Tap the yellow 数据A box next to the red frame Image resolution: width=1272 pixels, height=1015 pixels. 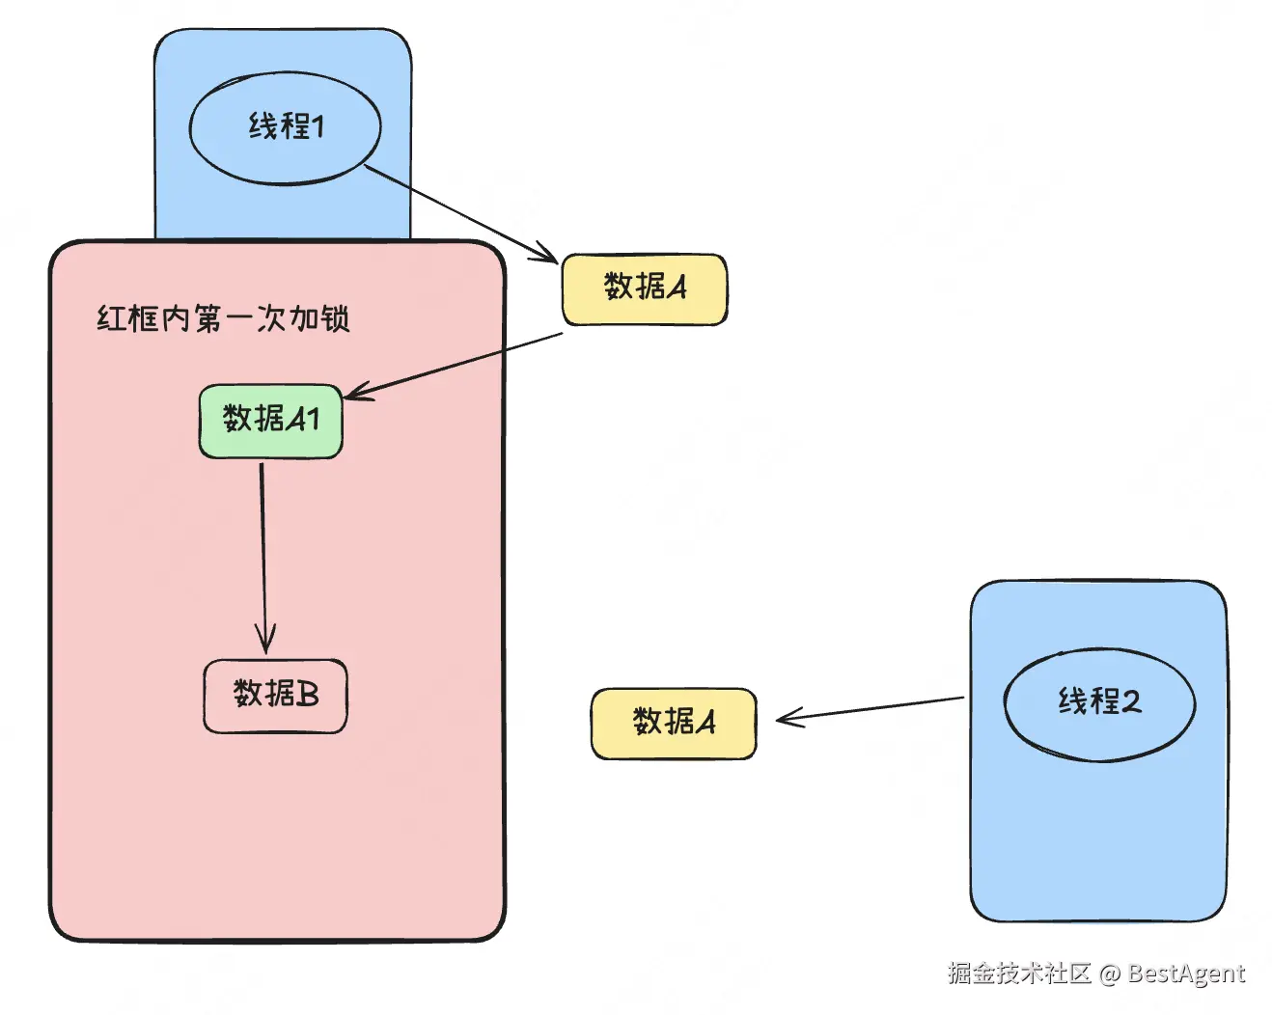pos(645,289)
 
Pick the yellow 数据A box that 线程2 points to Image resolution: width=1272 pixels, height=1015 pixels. pos(674,723)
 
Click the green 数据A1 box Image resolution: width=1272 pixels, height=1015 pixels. pos(271,421)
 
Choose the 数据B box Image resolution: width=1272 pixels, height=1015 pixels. pos(275,696)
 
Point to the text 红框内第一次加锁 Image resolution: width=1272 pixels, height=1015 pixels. pos(224,318)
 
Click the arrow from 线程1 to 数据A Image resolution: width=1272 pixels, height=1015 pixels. pos(461,214)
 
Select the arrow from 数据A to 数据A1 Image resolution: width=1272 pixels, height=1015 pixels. pos(453,366)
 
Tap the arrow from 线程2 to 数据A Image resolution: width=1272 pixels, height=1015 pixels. pos(870,709)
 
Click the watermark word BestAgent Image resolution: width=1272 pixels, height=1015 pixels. pos(1186,973)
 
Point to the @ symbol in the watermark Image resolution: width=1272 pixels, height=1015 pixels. pos(1110,974)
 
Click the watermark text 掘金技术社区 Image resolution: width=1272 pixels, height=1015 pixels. pos(1019,973)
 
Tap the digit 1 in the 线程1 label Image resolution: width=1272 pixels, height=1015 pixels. pos(318,126)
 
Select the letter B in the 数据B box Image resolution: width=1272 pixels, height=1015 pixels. pos(307,695)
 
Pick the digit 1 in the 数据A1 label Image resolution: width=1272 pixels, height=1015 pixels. pos(314,420)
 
